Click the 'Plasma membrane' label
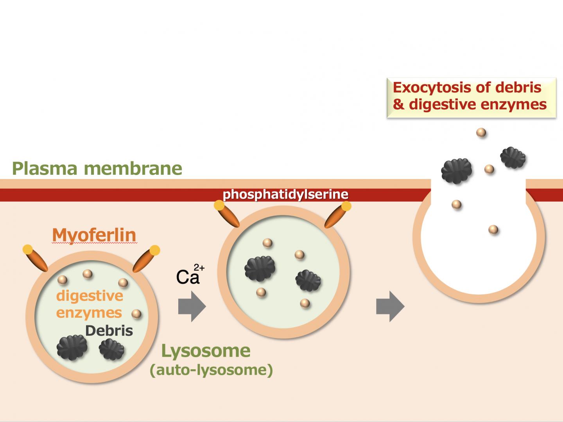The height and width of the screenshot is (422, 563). pyautogui.click(x=97, y=168)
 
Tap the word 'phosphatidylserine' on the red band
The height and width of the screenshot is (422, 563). pyautogui.click(x=285, y=194)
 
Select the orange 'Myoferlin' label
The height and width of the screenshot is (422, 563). pyautogui.click(x=94, y=235)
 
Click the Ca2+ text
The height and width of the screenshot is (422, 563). pyautogui.click(x=190, y=275)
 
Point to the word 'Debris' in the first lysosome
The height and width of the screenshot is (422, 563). pyautogui.click(x=109, y=331)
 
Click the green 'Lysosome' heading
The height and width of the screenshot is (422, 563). pyautogui.click(x=206, y=350)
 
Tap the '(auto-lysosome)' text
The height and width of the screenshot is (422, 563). pyautogui.click(x=211, y=370)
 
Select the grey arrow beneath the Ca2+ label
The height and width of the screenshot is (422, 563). pyautogui.click(x=192, y=307)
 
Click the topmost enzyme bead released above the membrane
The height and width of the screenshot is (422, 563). pyautogui.click(x=481, y=132)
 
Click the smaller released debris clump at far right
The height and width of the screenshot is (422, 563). pyautogui.click(x=513, y=157)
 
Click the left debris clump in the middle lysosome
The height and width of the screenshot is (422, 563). pyautogui.click(x=260, y=268)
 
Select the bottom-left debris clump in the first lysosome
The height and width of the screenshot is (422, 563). pyautogui.click(x=72, y=347)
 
